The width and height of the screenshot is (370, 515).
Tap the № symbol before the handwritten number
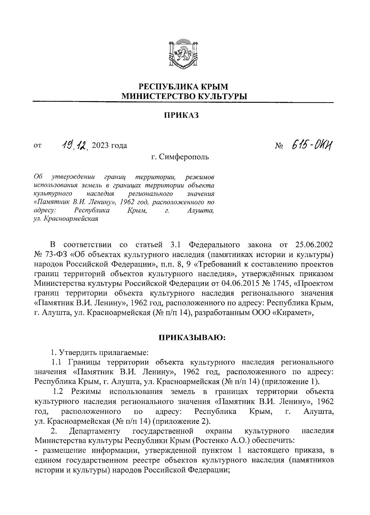point(279,145)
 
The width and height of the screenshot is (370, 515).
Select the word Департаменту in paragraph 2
point(95,431)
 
